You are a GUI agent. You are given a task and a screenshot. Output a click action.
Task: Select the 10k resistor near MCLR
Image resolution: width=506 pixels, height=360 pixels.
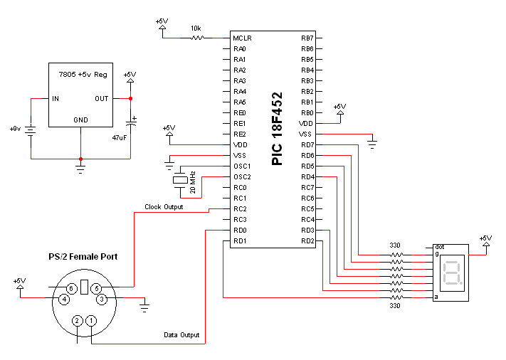point(196,38)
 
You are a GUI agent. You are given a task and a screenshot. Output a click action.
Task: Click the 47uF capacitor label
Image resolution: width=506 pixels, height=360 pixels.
point(120,137)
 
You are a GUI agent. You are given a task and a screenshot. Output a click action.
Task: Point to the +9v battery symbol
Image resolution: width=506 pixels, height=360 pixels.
point(31,129)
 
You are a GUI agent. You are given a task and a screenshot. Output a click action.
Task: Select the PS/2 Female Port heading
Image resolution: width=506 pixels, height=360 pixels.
point(83,256)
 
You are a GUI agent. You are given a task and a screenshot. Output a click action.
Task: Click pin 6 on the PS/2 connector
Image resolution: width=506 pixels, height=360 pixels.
point(71,287)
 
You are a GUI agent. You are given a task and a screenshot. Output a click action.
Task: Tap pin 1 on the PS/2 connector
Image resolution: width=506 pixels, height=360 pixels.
point(91,321)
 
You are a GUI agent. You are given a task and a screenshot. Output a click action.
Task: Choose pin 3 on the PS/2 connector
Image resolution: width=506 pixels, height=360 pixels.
point(102,300)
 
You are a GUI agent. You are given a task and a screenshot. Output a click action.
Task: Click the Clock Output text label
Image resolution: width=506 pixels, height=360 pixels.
point(164,207)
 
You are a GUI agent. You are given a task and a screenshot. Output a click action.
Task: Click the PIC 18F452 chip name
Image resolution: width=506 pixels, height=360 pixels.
point(277,128)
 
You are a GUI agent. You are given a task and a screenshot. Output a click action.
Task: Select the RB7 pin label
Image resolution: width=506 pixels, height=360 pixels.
point(307,38)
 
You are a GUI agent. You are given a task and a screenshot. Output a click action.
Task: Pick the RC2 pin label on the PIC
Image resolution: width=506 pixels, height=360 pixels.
point(240,209)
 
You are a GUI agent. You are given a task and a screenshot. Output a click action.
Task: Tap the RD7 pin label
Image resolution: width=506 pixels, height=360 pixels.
point(307,145)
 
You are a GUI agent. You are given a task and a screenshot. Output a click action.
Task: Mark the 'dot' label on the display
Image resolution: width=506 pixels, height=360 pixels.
point(439,246)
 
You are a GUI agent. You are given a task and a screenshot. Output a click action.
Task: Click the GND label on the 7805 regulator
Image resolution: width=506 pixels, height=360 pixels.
point(80,120)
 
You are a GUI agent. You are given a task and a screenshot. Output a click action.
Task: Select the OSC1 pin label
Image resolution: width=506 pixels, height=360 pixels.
point(242,166)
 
